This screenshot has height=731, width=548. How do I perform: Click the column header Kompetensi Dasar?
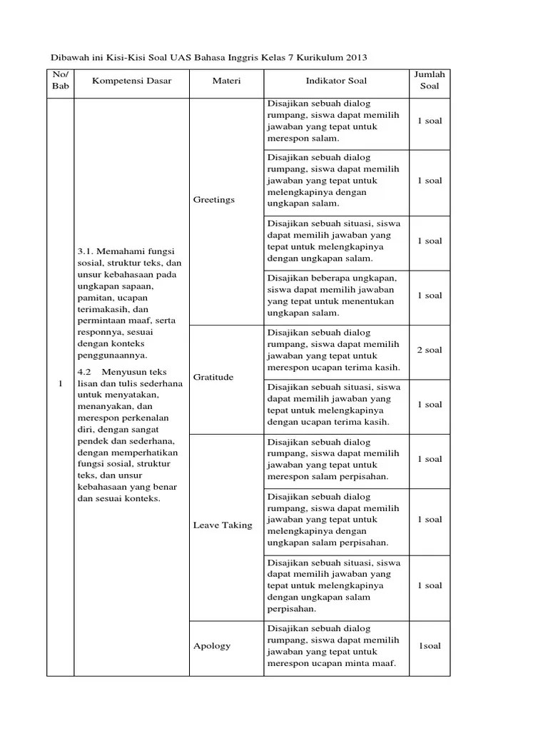131,81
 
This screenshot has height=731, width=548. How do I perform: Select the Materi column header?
226,81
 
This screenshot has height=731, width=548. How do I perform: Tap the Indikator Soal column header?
336,81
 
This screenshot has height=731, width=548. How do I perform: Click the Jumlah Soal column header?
430,81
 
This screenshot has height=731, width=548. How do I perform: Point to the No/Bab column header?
60,81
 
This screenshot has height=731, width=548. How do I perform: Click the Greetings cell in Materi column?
213,200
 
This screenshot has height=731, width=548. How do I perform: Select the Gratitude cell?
213,377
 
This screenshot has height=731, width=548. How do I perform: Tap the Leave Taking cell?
223,525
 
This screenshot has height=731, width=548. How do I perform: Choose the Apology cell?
212,646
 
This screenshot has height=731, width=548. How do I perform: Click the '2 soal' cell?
430,350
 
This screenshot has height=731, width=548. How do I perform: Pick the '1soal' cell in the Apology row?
430,646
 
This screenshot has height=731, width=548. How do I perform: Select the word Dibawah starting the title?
65,56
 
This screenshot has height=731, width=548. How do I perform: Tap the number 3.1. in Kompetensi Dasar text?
85,251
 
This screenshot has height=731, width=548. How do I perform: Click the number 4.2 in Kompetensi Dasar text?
85,372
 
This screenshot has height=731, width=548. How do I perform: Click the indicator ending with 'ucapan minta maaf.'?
333,646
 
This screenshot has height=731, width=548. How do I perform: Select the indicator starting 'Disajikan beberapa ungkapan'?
332,296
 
